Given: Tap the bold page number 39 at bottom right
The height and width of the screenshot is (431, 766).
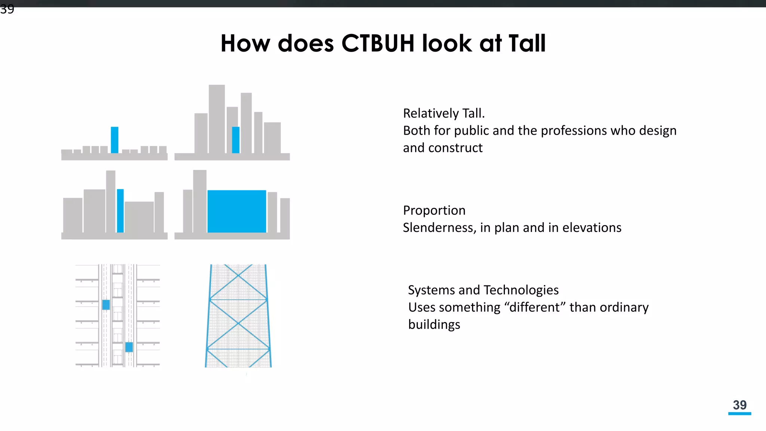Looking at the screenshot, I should click(739, 405).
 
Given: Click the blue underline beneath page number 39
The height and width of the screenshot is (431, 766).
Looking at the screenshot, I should click(739, 413).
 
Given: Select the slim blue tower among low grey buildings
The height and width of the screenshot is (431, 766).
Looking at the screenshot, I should click(114, 140).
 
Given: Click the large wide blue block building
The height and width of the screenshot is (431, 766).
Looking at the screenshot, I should click(237, 211).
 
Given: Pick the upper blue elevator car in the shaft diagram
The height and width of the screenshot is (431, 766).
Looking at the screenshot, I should click(106, 305).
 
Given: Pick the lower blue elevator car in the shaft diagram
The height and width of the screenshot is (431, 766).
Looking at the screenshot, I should click(129, 347).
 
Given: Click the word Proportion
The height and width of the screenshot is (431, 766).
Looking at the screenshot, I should click(434, 210).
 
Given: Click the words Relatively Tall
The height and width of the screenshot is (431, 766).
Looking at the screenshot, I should click(444, 113).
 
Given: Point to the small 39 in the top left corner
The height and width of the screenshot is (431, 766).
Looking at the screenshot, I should click(7, 9).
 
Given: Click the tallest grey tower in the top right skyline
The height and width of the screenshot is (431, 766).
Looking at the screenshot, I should click(217, 118).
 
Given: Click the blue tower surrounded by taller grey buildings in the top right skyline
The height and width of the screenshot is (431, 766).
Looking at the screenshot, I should click(236, 140).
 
